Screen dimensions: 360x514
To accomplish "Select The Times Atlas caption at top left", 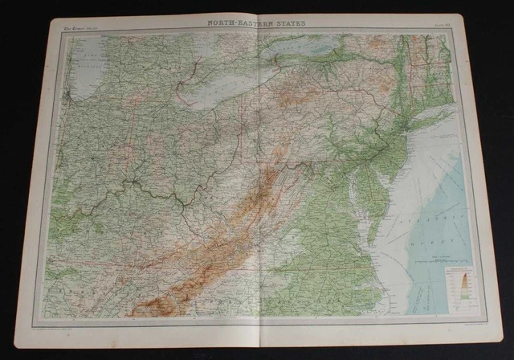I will point(77,30).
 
